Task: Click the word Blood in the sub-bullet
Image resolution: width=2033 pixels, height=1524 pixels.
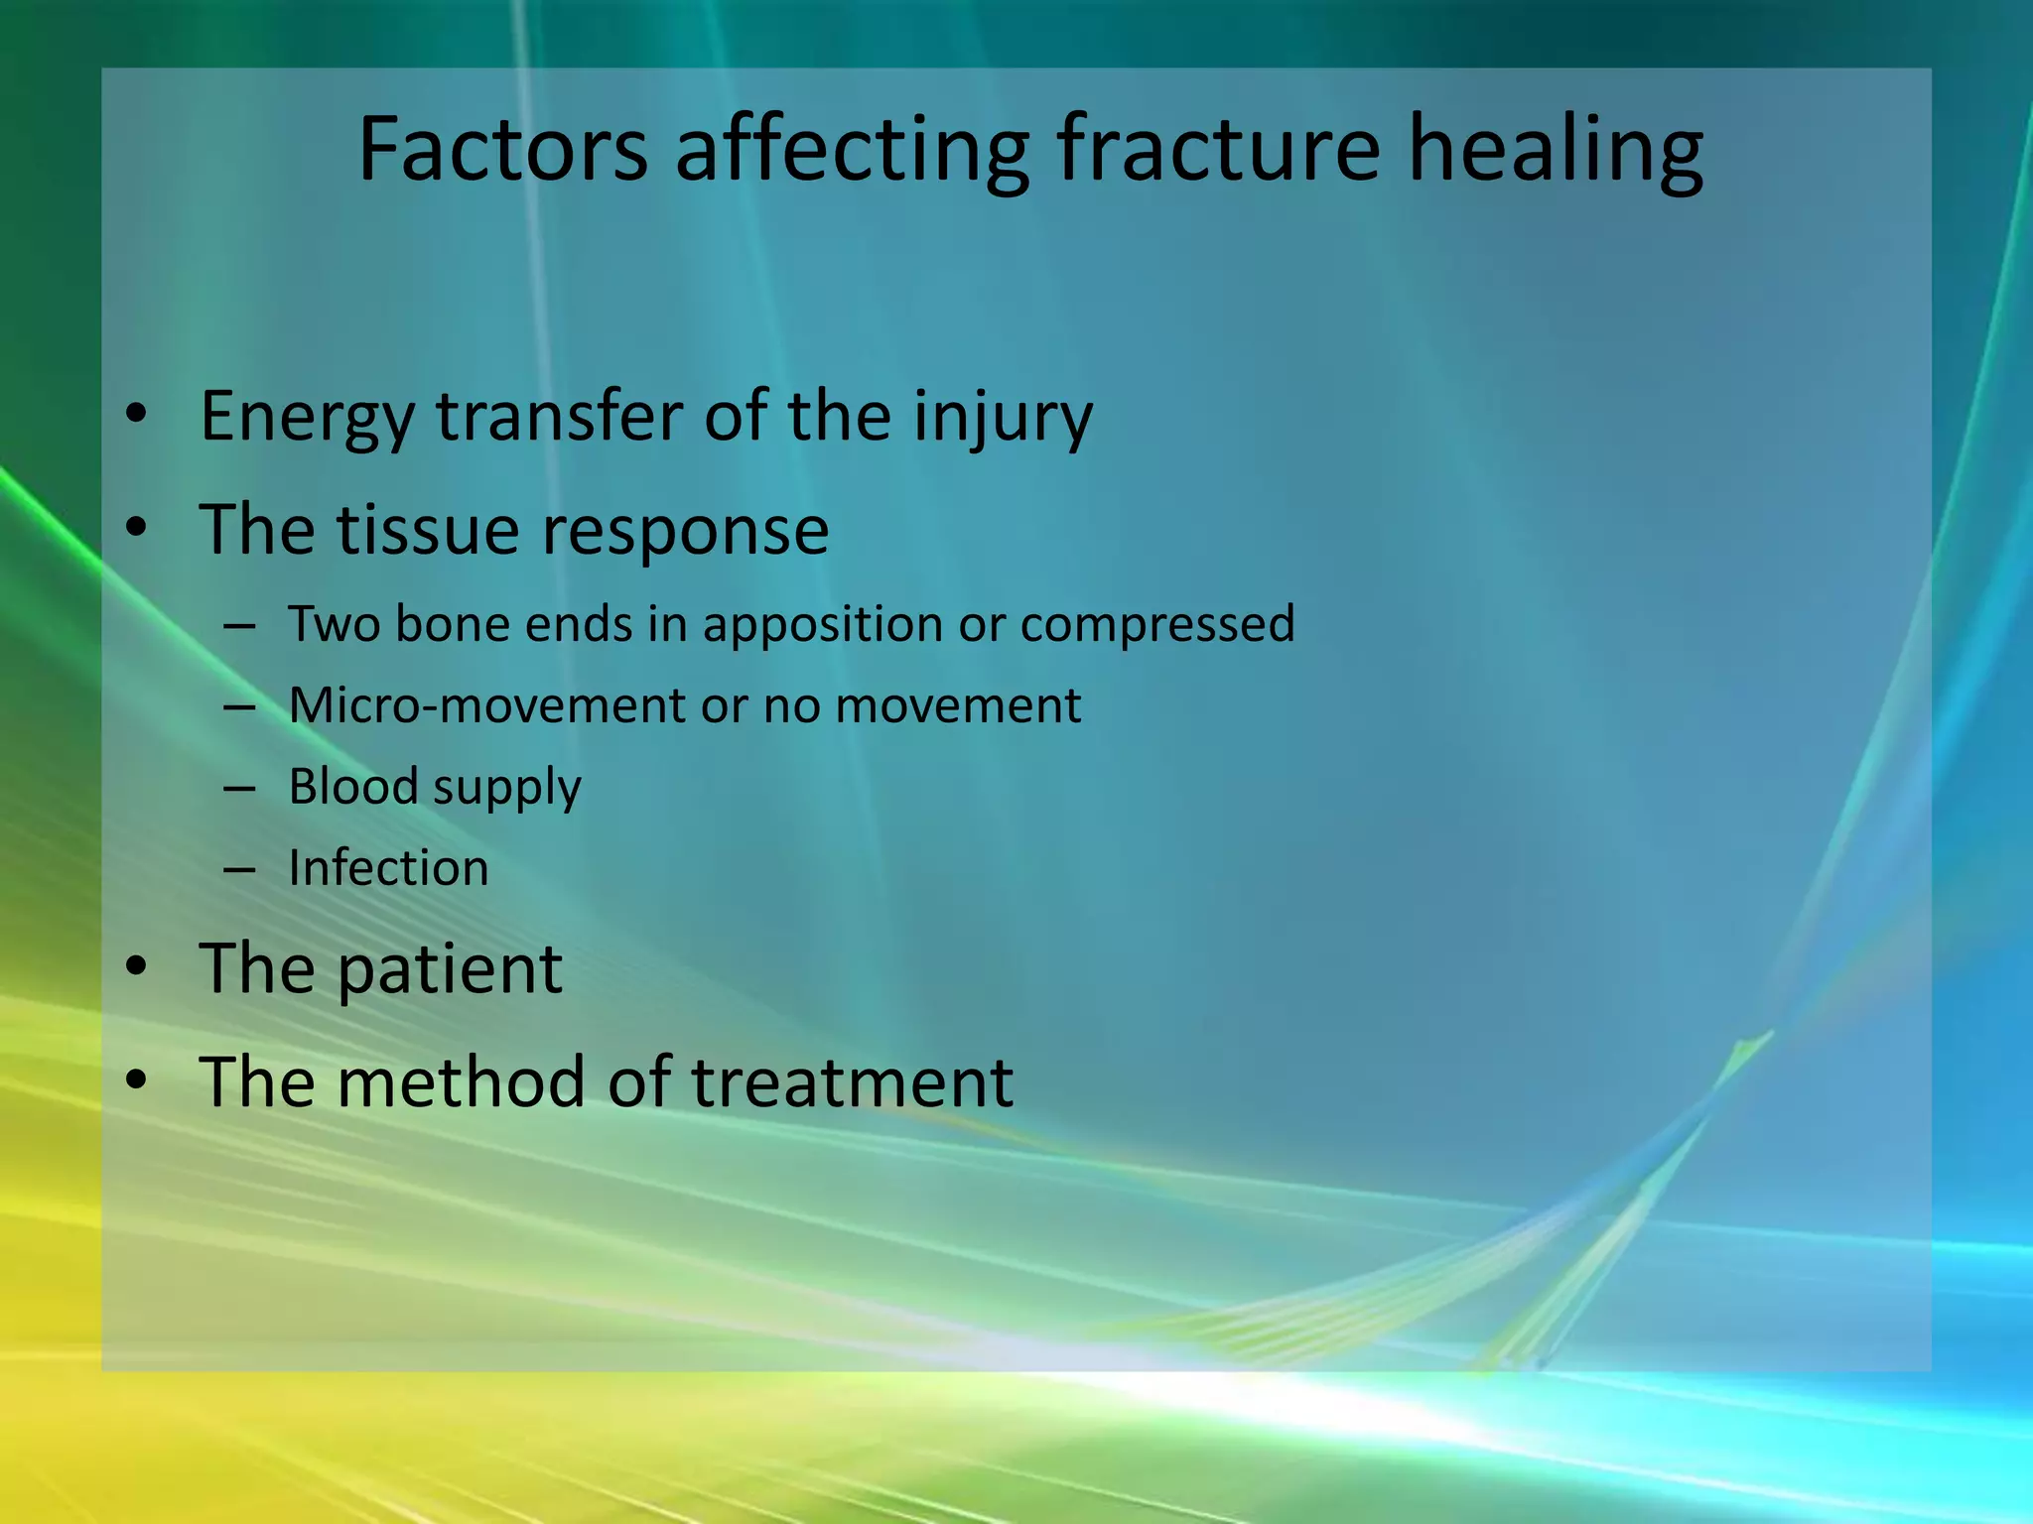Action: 352,786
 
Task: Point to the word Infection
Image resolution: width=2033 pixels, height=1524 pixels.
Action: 388,867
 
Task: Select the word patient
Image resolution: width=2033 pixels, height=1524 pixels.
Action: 450,969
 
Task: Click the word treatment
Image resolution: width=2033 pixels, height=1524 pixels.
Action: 852,1081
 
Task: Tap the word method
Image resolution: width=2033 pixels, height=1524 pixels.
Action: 462,1081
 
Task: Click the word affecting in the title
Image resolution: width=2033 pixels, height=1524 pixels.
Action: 852,151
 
